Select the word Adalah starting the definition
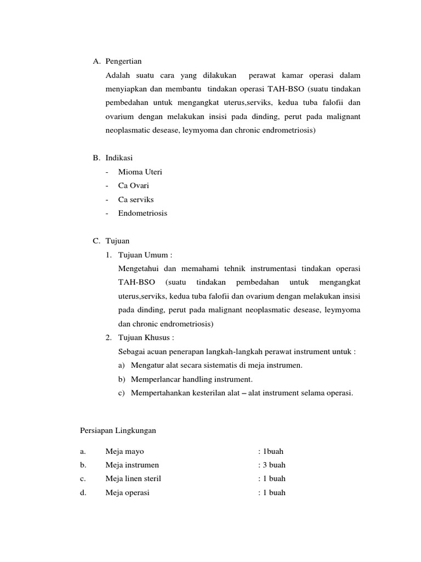click(119, 75)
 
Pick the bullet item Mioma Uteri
click(140, 172)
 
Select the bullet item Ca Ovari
click(133, 186)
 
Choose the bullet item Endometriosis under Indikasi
click(143, 213)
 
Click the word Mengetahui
click(137, 268)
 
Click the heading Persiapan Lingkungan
click(118, 431)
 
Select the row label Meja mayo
click(124, 452)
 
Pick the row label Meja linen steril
click(133, 479)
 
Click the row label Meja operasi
click(127, 493)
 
